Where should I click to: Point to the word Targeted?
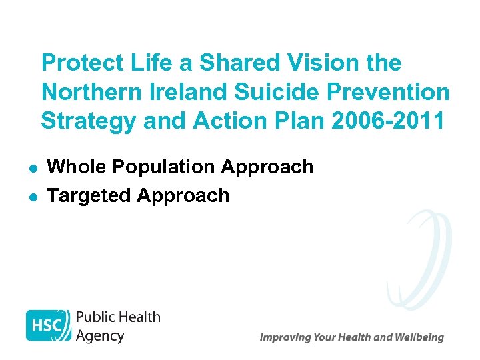pos(90,196)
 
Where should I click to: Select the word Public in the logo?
pos(96,317)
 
